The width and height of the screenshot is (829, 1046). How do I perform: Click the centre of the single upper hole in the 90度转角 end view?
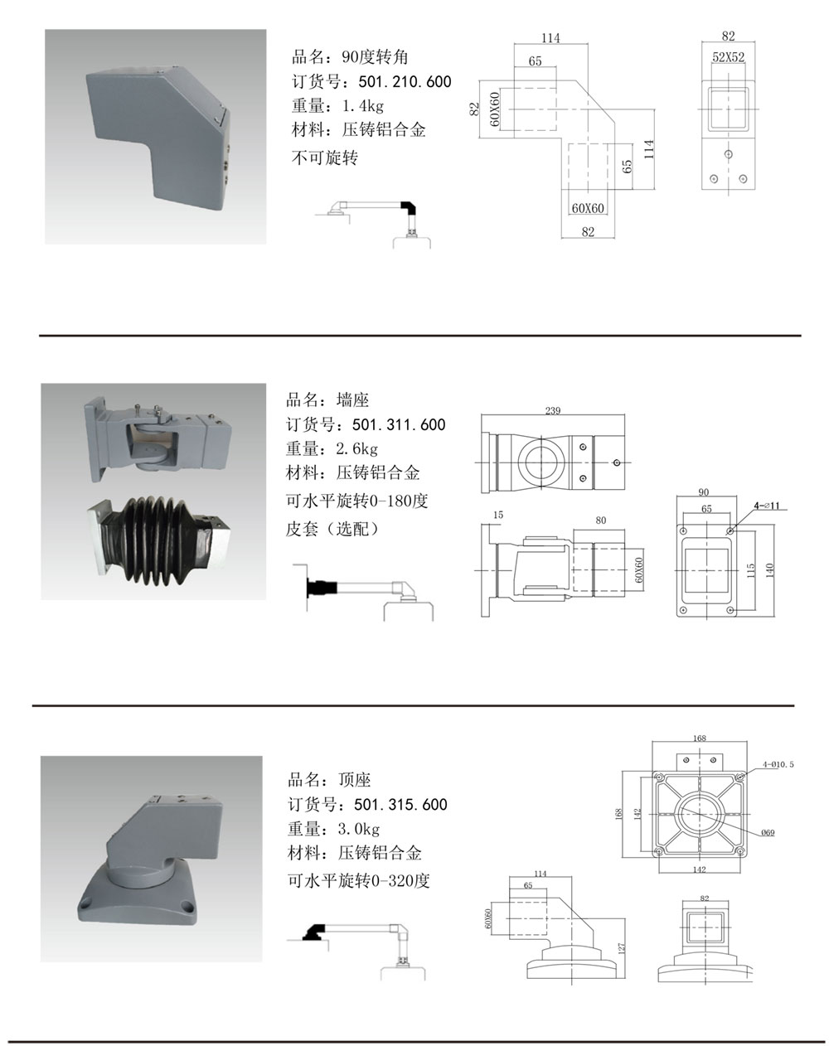[x=729, y=154]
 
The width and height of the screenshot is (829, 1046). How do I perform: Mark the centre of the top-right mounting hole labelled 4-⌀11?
[x=730, y=530]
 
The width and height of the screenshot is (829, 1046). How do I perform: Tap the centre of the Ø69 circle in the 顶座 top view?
[x=699, y=813]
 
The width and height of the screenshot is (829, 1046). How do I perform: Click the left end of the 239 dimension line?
[x=482, y=415]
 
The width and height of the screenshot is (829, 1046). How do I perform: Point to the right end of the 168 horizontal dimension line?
[x=746, y=742]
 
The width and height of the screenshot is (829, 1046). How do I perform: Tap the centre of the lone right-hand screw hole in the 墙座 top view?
[x=617, y=462]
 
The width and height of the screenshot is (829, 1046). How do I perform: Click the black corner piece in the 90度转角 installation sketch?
[x=409, y=207]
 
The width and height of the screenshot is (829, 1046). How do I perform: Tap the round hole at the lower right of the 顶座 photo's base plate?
[x=187, y=907]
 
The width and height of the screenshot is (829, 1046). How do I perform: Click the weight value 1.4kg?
[x=363, y=105]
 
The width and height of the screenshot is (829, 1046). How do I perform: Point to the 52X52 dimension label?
[x=729, y=57]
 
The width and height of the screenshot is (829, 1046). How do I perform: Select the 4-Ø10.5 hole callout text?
[x=778, y=764]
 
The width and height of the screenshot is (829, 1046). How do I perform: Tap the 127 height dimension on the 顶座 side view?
[x=622, y=948]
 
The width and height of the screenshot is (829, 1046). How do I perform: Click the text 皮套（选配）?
[x=332, y=529]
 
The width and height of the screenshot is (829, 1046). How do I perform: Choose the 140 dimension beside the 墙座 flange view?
[x=769, y=570]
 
